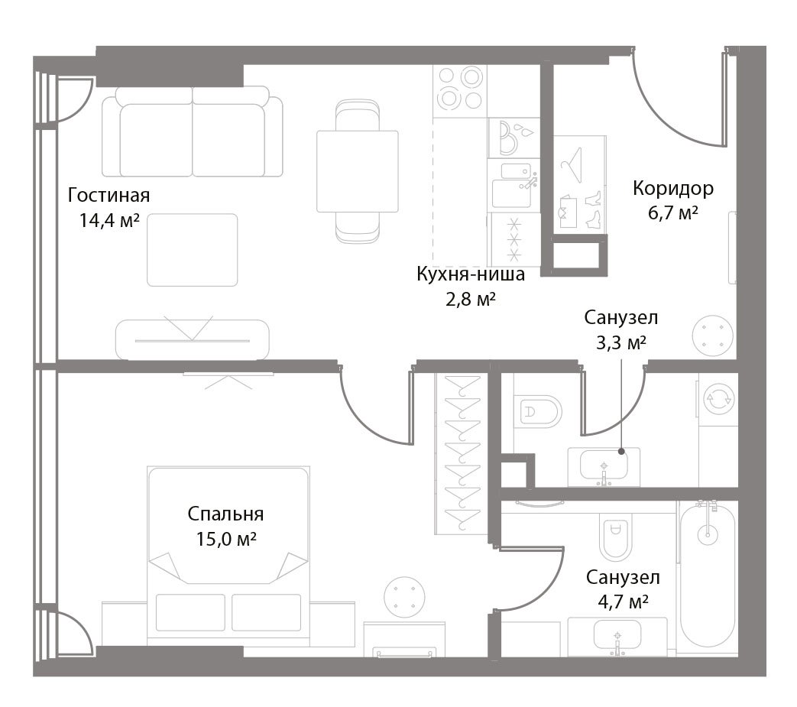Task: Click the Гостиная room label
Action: click(x=109, y=195)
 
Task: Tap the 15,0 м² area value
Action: click(x=226, y=539)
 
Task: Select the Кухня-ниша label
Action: click(x=471, y=274)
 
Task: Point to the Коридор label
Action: click(x=673, y=189)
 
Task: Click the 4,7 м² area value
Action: click(x=624, y=602)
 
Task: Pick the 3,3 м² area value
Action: click(x=621, y=343)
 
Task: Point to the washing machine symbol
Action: click(x=718, y=398)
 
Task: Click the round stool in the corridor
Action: click(x=713, y=336)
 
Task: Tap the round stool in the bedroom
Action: click(x=404, y=597)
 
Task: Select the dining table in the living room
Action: click(x=358, y=171)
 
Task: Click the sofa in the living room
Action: click(x=192, y=131)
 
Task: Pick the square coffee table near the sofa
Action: click(x=192, y=250)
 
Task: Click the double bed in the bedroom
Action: click(x=228, y=556)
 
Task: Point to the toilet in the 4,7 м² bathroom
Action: click(x=615, y=536)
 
